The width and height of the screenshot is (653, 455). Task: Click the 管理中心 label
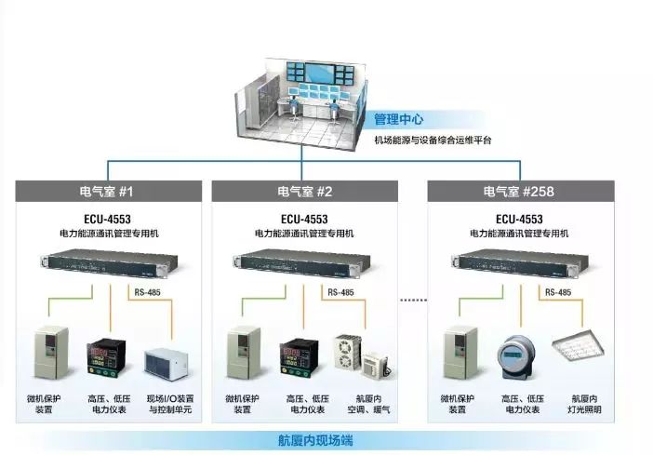(399, 119)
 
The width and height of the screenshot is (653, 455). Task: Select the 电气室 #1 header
(107, 192)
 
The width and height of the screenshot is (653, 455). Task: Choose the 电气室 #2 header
(304, 192)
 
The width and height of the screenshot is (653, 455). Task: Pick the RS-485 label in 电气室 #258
(558, 291)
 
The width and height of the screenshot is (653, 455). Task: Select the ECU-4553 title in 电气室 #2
(304, 220)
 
